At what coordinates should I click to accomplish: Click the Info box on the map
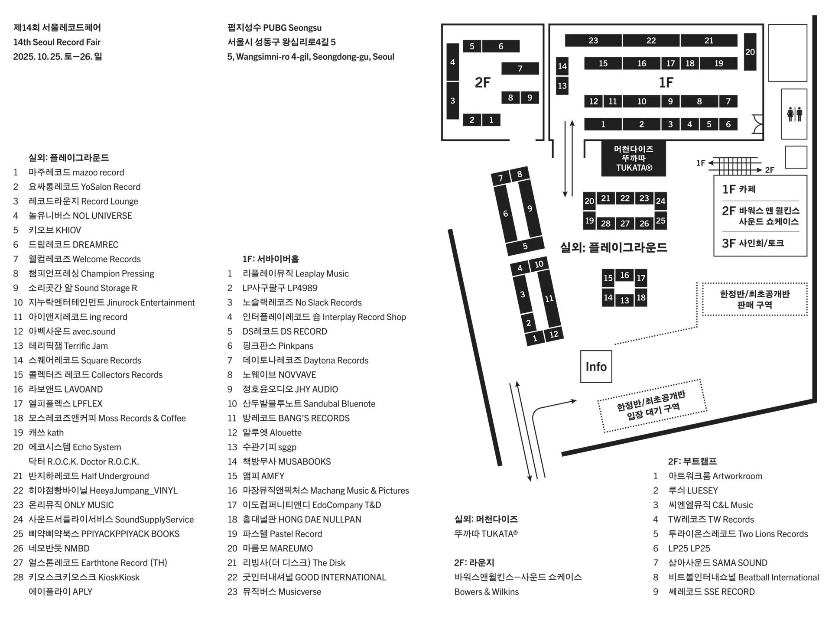click(x=596, y=367)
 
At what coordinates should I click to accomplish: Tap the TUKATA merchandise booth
click(x=634, y=159)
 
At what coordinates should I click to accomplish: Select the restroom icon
click(x=794, y=114)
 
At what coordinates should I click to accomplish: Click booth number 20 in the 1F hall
click(x=750, y=52)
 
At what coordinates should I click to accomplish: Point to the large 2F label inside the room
click(x=482, y=82)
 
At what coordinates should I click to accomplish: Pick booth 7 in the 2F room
click(x=520, y=68)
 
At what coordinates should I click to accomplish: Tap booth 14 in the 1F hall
click(x=562, y=66)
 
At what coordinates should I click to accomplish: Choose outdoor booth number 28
click(x=605, y=224)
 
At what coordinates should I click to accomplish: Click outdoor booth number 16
click(x=624, y=275)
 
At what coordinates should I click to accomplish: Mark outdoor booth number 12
click(x=554, y=334)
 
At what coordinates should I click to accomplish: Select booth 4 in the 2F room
click(x=452, y=62)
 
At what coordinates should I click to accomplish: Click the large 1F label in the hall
click(x=666, y=82)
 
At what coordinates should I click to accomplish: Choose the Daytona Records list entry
click(x=305, y=361)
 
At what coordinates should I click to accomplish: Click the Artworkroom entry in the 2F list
click(x=715, y=476)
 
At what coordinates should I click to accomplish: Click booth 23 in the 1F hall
click(x=593, y=41)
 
